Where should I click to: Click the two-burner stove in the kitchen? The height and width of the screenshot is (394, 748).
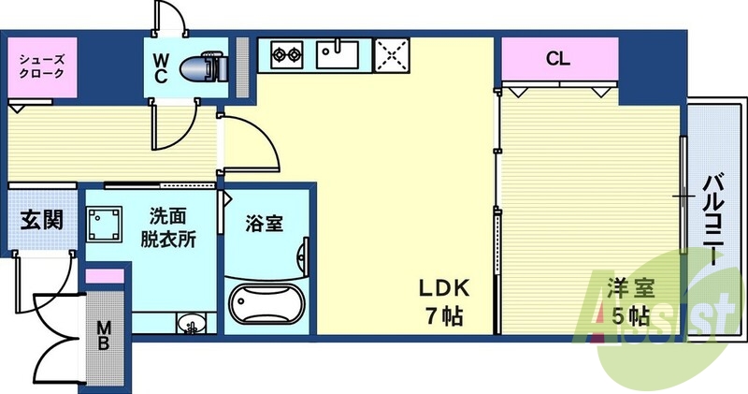288,55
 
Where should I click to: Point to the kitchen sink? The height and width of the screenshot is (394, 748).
338,54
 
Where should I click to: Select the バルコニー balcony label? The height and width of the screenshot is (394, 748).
714,220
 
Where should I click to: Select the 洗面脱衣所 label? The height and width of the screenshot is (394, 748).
169,226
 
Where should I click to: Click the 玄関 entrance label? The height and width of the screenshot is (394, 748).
42,221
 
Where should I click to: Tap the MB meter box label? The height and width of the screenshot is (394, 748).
103,335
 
